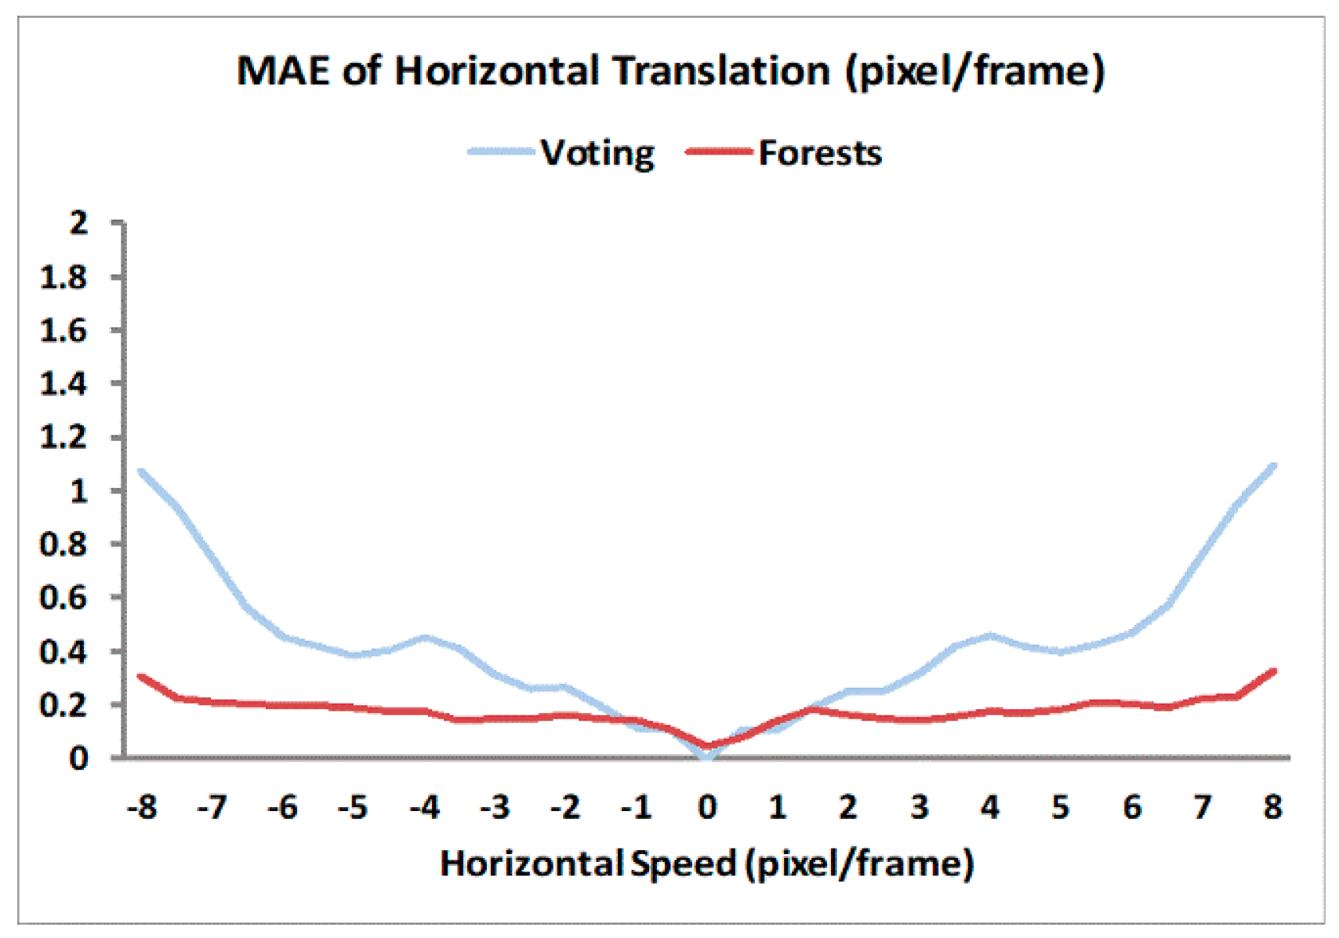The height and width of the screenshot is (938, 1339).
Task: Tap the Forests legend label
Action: [x=820, y=154]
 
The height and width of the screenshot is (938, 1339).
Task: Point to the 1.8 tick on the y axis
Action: [x=64, y=278]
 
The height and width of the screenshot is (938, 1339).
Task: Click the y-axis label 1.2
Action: [x=64, y=438]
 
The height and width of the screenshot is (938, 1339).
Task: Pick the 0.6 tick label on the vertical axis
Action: [x=64, y=598]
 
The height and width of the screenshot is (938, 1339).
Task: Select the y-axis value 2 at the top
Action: [x=78, y=224]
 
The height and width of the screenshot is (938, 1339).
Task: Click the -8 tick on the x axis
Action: [x=142, y=807]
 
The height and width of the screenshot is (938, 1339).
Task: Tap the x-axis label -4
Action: [x=424, y=807]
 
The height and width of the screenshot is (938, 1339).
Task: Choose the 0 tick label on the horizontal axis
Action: [x=707, y=807]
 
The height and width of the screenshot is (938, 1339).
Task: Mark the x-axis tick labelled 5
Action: [x=1061, y=807]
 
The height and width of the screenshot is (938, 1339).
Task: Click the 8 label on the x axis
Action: [x=1272, y=807]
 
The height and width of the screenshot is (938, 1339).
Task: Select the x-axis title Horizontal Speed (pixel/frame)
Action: [x=707, y=864]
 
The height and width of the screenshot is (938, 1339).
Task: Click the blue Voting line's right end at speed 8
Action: [x=1272, y=466]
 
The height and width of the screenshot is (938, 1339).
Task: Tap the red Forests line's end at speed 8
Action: [x=1272, y=671]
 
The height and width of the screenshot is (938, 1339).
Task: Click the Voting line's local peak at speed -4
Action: [x=424, y=638]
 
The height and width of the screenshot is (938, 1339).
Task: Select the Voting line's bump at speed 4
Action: [x=990, y=635]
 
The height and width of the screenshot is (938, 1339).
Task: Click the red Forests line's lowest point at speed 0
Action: [x=707, y=746]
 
